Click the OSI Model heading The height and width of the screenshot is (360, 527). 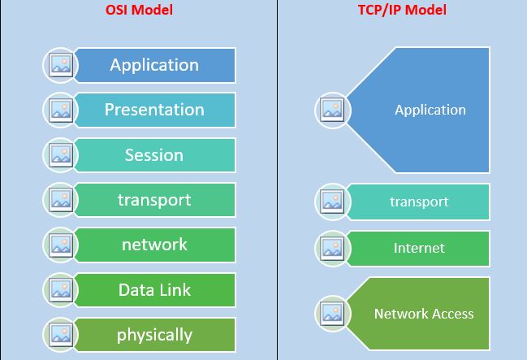pyautogui.click(x=139, y=10)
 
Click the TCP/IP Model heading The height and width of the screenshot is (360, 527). pyautogui.click(x=402, y=10)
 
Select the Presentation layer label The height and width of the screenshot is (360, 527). pyautogui.click(x=154, y=110)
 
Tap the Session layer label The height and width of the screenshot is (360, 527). pyautogui.click(x=154, y=155)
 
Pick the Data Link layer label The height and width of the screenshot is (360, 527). pyautogui.click(x=154, y=289)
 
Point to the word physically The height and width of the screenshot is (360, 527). pyautogui.click(x=154, y=335)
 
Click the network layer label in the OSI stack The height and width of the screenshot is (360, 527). pyautogui.click(x=154, y=245)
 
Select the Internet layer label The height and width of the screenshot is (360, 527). pyautogui.click(x=419, y=248)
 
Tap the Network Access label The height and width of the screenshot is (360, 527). pyautogui.click(x=424, y=314)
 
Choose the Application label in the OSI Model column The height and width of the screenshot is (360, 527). pyautogui.click(x=154, y=65)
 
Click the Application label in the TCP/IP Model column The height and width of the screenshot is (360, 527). pyautogui.click(x=430, y=110)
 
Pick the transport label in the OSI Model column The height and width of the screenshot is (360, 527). pyautogui.click(x=154, y=200)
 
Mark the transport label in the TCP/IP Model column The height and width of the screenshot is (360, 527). pyautogui.click(x=419, y=202)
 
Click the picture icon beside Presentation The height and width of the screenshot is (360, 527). pyautogui.click(x=61, y=110)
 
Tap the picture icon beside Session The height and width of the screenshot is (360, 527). pyautogui.click(x=61, y=155)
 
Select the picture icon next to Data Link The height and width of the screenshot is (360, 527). pyautogui.click(x=61, y=289)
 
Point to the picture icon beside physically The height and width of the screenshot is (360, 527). pyautogui.click(x=61, y=335)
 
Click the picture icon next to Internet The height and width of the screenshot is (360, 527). pyautogui.click(x=332, y=249)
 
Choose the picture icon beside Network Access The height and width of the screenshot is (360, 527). pyautogui.click(x=332, y=314)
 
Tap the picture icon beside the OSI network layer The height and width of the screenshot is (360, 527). pyautogui.click(x=61, y=245)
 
